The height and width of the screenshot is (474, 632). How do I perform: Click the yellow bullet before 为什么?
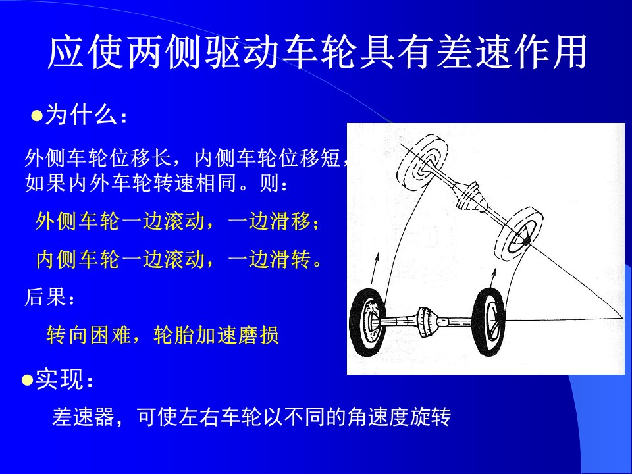tap(37, 116)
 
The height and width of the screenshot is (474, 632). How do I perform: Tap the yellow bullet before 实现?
tap(28, 380)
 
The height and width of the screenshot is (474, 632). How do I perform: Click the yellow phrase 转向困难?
tap(88, 334)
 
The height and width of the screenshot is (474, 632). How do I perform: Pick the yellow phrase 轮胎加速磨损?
tap(216, 334)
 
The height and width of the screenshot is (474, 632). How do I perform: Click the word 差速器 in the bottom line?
tap(83, 417)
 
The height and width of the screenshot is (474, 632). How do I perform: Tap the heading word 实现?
tap(59, 379)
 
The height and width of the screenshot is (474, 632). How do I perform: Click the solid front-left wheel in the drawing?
tap(367, 323)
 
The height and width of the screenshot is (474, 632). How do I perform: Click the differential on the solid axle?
tap(427, 323)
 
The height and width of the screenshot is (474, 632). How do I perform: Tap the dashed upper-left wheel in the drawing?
tap(423, 163)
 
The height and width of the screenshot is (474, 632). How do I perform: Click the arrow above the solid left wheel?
tap(375, 268)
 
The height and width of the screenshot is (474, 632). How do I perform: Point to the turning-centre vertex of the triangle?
tap(622, 319)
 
